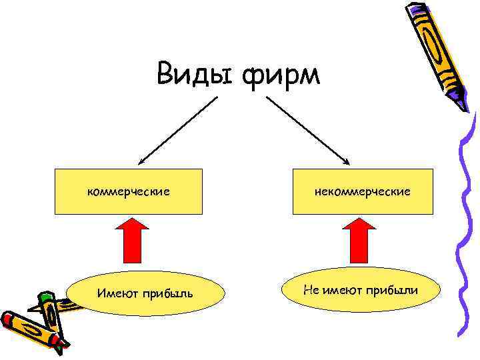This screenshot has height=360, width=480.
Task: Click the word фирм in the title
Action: point(282,75)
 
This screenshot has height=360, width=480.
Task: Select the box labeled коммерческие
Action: point(128,191)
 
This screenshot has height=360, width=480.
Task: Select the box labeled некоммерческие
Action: point(363,191)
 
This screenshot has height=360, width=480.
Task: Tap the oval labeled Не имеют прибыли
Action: point(361,290)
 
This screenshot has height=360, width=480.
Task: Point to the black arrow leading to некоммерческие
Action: point(308,131)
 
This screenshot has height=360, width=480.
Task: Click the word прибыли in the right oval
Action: point(394,290)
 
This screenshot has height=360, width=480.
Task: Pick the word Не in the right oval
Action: point(311,290)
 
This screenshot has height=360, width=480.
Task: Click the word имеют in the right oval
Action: point(345,290)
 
